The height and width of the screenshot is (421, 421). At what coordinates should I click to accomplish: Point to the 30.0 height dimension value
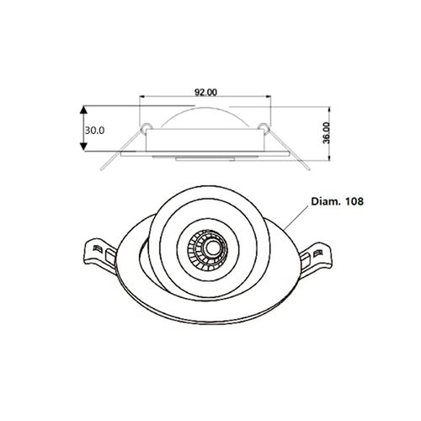coord(94,130)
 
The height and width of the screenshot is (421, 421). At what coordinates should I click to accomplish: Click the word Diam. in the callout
coord(326,202)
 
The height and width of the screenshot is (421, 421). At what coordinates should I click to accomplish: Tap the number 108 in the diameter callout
coord(355,202)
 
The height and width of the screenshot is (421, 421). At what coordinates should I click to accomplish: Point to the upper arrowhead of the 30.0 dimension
coord(83,110)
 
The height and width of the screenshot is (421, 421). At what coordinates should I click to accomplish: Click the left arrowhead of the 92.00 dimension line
coord(141,99)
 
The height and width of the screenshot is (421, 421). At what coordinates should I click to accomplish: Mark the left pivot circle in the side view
coord(147,128)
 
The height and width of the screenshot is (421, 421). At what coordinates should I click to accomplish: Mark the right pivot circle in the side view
coord(264,128)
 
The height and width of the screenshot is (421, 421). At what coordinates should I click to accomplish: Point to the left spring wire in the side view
coord(118,147)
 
